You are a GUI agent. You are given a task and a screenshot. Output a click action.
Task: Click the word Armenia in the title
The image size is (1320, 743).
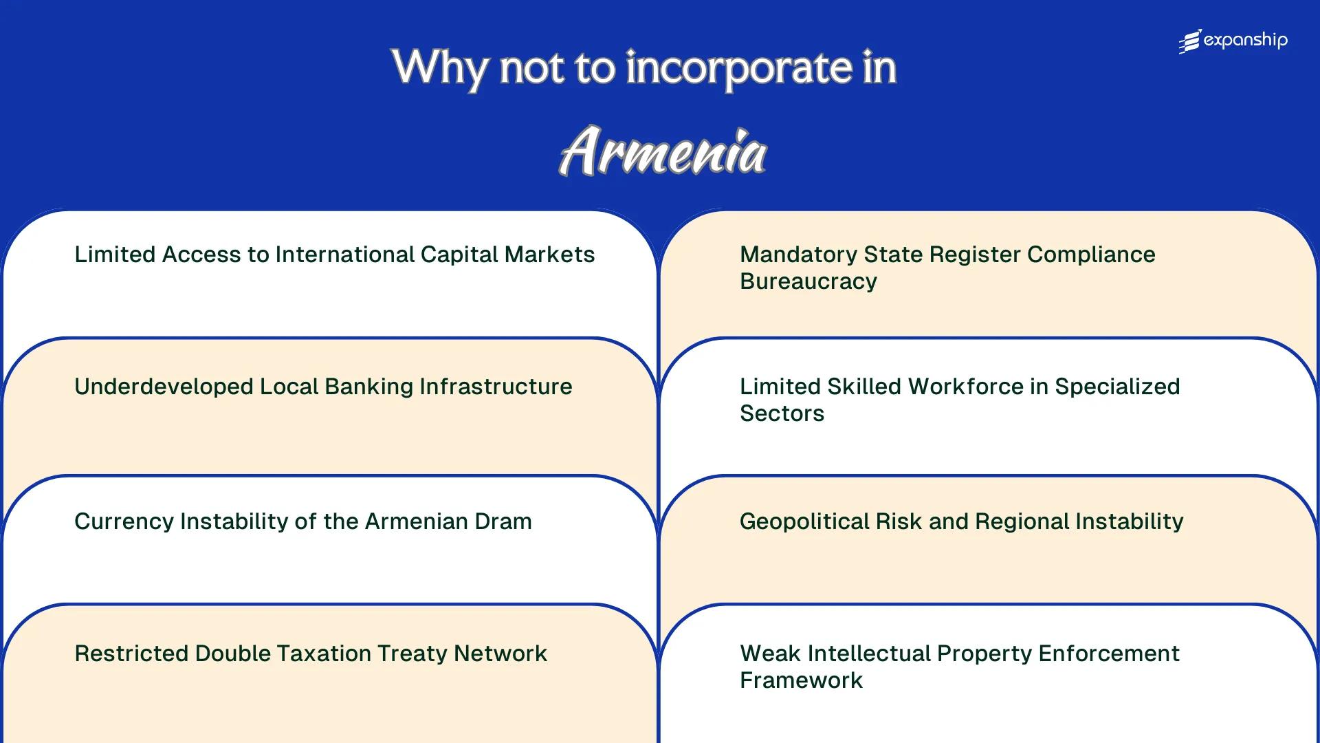click(662, 151)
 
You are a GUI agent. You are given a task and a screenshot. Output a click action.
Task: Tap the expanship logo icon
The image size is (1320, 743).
click(1190, 42)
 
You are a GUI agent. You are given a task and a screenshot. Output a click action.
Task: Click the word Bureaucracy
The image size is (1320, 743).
click(808, 281)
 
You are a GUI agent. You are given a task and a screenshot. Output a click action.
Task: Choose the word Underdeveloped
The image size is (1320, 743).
click(164, 387)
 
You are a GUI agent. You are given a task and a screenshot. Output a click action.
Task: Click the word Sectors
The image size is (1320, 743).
click(782, 413)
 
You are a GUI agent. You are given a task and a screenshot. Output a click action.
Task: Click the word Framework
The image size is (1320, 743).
click(801, 680)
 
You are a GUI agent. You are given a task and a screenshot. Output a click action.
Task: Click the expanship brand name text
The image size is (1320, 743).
click(1246, 41)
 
